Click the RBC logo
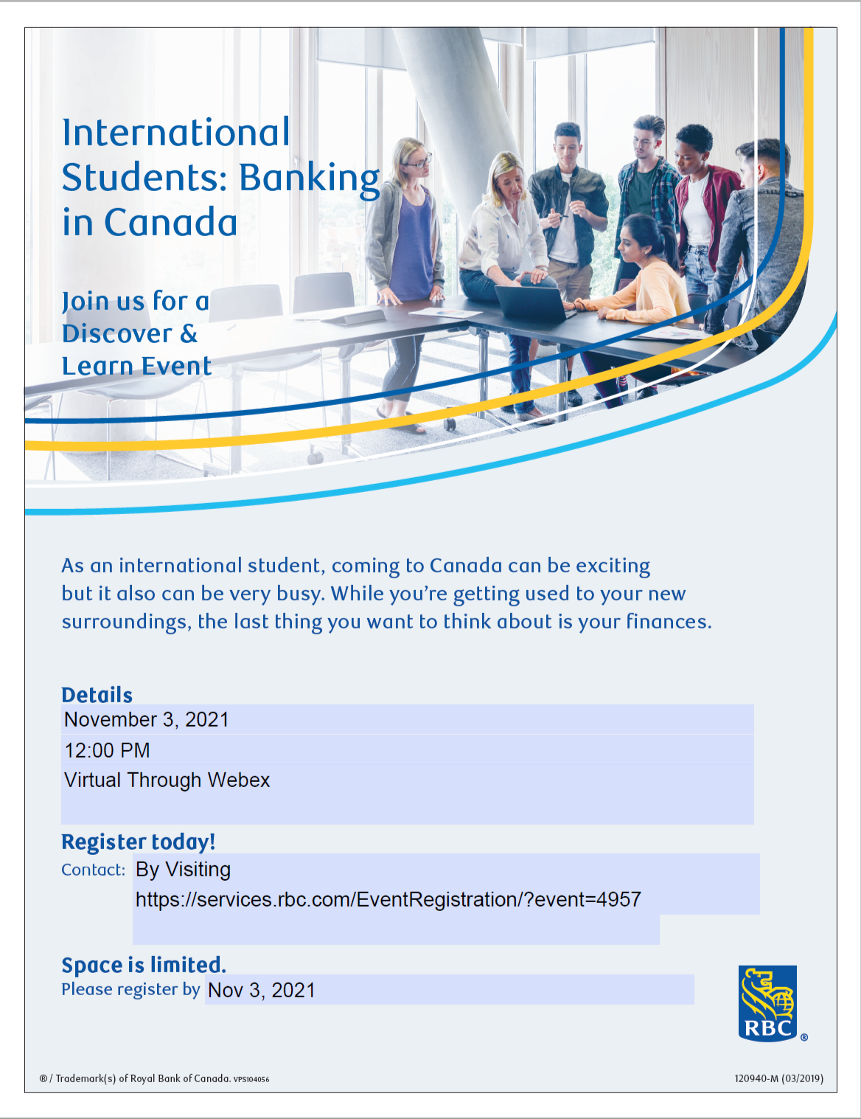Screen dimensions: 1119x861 click(767, 1003)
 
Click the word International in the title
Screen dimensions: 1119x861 click(176, 134)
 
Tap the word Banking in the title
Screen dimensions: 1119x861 click(309, 179)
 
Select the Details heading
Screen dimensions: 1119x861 click(97, 695)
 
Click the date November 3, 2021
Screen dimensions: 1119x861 click(147, 720)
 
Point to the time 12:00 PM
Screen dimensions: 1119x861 click(108, 751)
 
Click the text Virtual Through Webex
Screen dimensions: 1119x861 click(167, 780)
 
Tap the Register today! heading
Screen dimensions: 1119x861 click(139, 842)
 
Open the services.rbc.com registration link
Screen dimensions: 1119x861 click(388, 900)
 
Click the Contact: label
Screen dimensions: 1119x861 click(94, 870)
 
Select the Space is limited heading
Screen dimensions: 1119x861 click(144, 965)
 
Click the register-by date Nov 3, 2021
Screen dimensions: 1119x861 click(262, 991)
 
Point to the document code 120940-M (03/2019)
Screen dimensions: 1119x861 click(778, 1078)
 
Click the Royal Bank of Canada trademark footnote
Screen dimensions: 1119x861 click(154, 1078)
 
